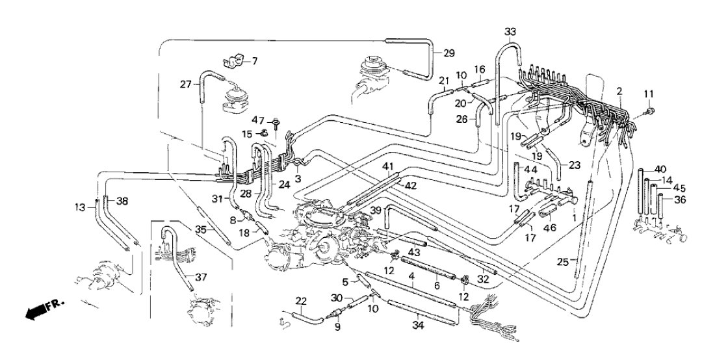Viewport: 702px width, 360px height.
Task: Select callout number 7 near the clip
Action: tap(254, 61)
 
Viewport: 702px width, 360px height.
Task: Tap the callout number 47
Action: tap(257, 120)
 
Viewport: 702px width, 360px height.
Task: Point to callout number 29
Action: tap(449, 53)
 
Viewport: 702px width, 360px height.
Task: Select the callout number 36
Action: tap(679, 200)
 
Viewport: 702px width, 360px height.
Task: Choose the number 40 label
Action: tap(661, 169)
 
